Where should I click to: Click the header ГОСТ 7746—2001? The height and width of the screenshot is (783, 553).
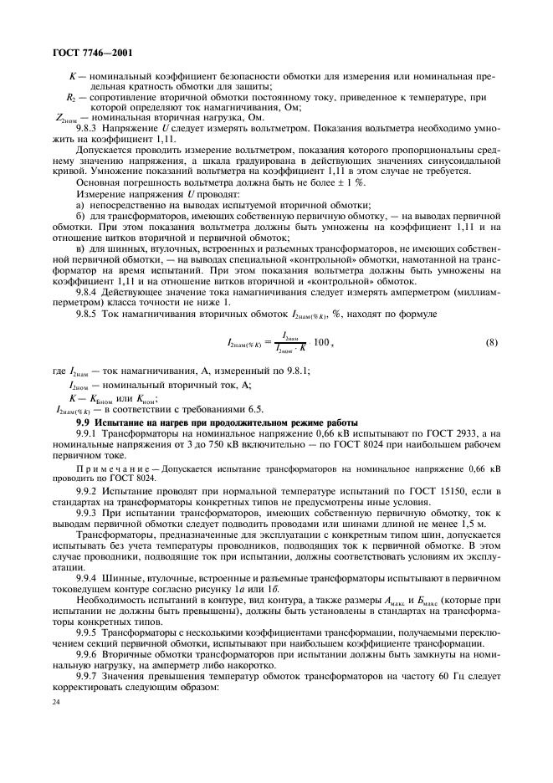click(87, 53)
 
